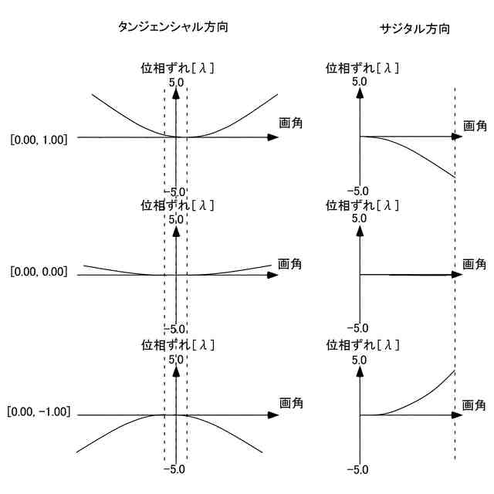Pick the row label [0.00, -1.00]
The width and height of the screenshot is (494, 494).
[39, 411]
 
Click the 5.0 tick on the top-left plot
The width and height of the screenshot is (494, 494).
[175, 82]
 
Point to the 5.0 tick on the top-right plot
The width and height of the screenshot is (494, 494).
[359, 81]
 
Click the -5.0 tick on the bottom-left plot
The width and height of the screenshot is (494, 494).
[175, 469]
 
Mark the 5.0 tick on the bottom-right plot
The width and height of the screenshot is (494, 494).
[359, 359]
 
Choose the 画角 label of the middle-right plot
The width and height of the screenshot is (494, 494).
[475, 264]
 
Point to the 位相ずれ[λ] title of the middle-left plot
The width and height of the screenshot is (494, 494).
[178, 205]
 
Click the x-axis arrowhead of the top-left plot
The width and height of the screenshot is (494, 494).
[272, 137]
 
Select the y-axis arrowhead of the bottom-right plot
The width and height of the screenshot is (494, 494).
[360, 370]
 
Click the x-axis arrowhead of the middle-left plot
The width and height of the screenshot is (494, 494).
[272, 275]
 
